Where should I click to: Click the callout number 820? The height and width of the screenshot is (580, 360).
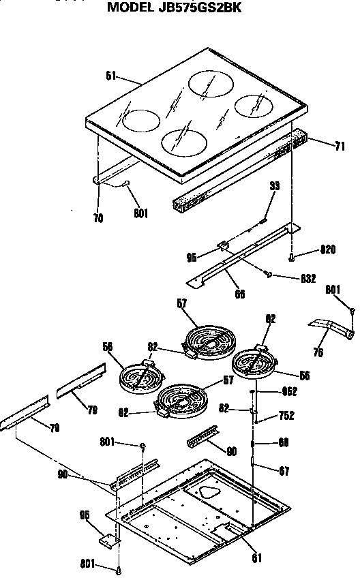point(329,251)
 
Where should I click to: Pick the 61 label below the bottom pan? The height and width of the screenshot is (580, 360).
point(256,559)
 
